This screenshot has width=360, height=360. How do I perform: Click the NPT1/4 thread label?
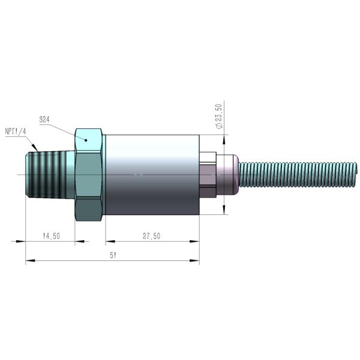(x=16, y=131)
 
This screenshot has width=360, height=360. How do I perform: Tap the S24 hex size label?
(x=44, y=119)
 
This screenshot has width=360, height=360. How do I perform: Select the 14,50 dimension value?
(x=51, y=236)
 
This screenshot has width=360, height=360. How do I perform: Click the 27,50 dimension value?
(x=152, y=236)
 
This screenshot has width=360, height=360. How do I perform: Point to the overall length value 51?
(x=113, y=256)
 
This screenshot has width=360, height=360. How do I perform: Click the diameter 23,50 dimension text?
(x=219, y=116)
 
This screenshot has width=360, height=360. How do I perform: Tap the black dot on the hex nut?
(x=86, y=140)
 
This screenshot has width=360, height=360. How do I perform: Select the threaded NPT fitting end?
(x=50, y=175)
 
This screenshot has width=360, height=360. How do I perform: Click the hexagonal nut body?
(x=89, y=175)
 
